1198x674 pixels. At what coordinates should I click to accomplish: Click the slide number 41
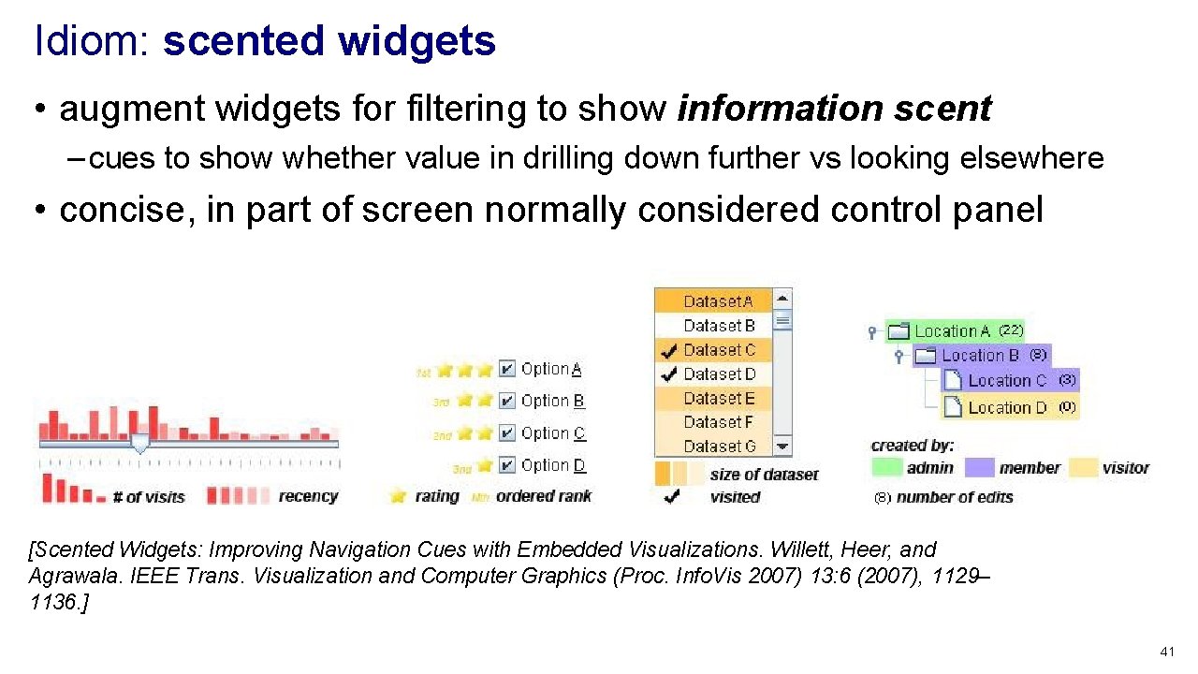pos(1166,652)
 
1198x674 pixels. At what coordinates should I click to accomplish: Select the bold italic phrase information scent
pos(834,110)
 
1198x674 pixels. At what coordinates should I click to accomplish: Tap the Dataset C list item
pos(718,350)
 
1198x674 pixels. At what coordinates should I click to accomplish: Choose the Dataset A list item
pos(718,301)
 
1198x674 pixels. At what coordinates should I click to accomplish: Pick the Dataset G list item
pos(718,447)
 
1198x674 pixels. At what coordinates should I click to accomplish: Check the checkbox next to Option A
pos(506,369)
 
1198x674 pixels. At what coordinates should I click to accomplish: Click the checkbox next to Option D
pos(506,465)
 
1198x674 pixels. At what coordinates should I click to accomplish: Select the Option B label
pos(552,401)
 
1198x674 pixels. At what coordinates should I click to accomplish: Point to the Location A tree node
pos(952,331)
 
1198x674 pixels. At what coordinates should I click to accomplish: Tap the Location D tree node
pos(1007,407)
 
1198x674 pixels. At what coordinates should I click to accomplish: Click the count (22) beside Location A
pos(1010,330)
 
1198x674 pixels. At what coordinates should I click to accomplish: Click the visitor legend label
pos(1125,468)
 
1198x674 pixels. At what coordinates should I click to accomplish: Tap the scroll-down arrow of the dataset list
pos(782,447)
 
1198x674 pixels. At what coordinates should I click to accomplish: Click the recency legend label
pos(308,496)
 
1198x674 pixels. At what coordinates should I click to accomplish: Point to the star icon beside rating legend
pos(399,496)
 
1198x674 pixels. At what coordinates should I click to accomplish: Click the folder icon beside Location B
pos(926,356)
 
